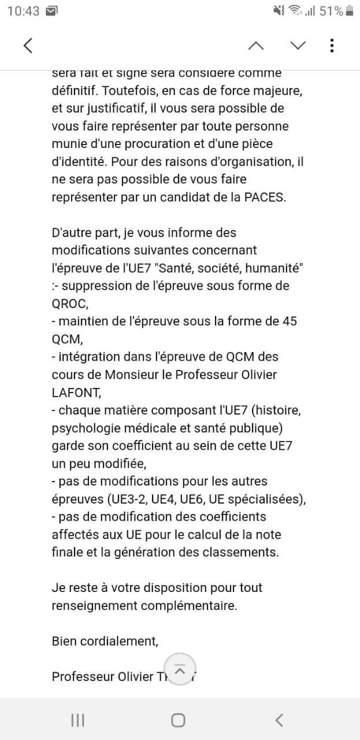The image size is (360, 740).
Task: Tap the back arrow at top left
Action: tap(28, 46)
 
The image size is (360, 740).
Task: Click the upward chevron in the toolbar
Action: tap(256, 46)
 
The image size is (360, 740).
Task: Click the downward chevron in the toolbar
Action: tap(298, 46)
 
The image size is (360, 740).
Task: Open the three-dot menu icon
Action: tap(332, 46)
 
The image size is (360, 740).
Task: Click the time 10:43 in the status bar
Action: tap(23, 10)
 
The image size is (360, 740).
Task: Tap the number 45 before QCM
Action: tap(289, 321)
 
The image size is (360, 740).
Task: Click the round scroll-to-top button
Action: tap(180, 669)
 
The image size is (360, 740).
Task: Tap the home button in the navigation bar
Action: tap(179, 720)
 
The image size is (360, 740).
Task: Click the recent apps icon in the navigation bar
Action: tap(77, 720)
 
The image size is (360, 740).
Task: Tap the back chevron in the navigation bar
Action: tap(279, 720)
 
